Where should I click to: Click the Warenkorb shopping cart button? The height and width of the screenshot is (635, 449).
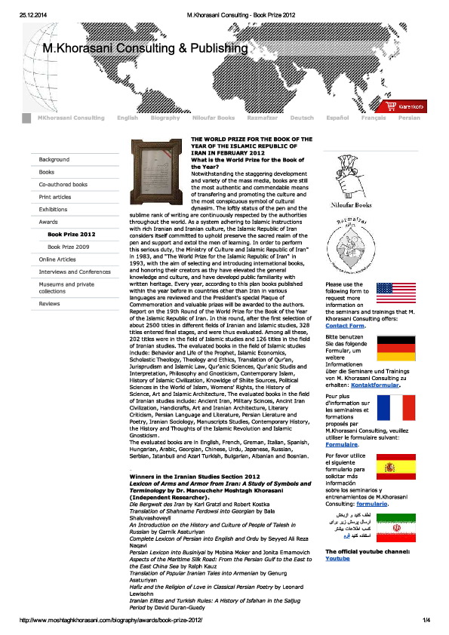click(x=405, y=106)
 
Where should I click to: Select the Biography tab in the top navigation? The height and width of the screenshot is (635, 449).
click(x=165, y=118)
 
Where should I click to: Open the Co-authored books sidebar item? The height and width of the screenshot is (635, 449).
click(x=63, y=185)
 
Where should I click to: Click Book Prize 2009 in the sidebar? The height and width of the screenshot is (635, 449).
click(x=68, y=247)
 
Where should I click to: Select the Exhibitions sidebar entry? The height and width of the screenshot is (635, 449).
click(x=53, y=210)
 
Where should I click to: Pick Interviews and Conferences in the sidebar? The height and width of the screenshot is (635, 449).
click(x=75, y=271)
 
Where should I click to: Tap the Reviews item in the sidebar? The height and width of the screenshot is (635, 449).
click(x=49, y=304)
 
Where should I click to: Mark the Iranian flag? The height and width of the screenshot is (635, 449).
click(x=395, y=523)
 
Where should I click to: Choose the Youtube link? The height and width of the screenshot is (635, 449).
click(x=337, y=559)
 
